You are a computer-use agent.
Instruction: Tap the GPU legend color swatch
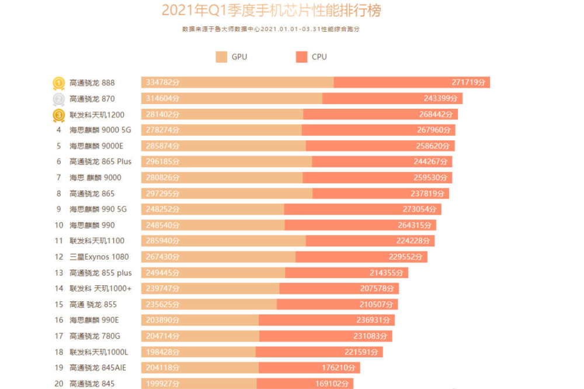tap(221, 57)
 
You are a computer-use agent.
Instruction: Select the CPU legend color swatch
tap(301, 57)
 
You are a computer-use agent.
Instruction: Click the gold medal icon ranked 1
tap(58, 83)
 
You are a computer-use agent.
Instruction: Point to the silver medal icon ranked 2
tap(58, 99)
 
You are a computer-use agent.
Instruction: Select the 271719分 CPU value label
tap(468, 83)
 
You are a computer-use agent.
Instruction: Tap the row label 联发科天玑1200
tap(96, 115)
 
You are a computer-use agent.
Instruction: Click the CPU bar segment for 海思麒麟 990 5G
tap(362, 209)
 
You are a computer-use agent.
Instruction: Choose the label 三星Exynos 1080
tap(99, 257)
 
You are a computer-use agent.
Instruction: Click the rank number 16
tap(58, 320)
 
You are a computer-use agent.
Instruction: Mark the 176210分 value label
tap(338, 367)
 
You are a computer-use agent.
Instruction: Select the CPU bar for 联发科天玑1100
tap(369, 241)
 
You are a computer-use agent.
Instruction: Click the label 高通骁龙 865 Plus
tap(100, 162)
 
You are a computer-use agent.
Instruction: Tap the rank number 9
tap(58, 209)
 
